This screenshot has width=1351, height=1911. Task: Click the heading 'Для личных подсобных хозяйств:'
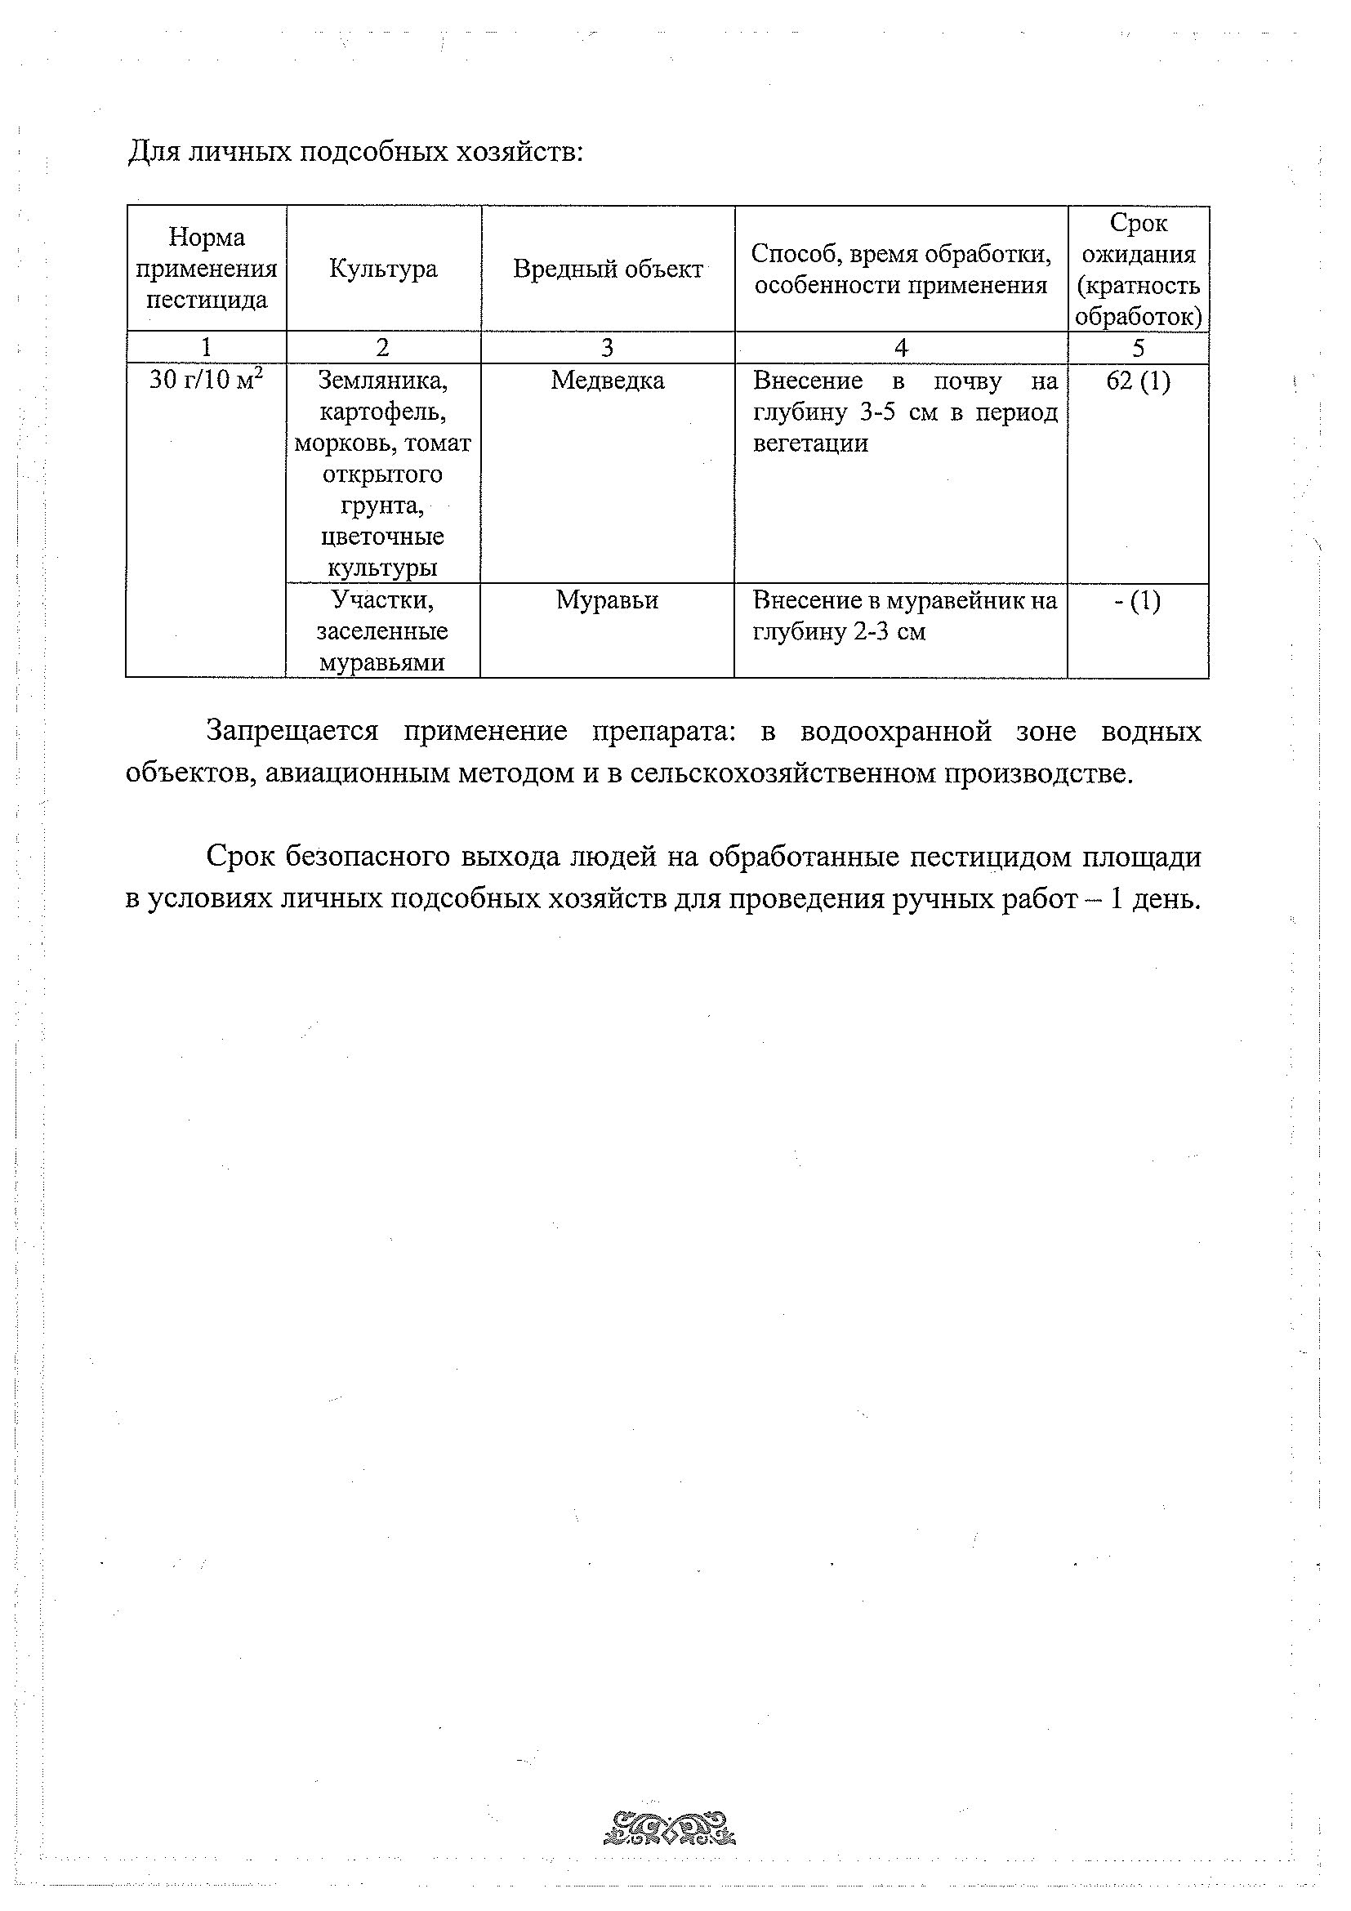tap(355, 154)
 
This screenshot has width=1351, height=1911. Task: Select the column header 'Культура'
tap(383, 269)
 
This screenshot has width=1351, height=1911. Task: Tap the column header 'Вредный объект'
tap(608, 269)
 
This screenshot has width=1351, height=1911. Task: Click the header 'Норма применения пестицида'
tap(207, 269)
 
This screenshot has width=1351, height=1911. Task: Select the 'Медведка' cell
tap(608, 381)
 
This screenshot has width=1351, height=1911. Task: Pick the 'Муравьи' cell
tap(607, 600)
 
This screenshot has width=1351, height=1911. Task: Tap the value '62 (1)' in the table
tap(1138, 381)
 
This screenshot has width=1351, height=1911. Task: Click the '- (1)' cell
tap(1137, 600)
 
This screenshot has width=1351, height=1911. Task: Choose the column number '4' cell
tap(901, 348)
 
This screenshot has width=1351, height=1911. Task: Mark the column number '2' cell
tap(383, 348)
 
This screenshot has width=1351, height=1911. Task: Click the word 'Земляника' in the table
tap(383, 381)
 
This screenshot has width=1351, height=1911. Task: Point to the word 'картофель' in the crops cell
tap(383, 412)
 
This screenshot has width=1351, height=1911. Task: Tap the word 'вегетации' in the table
tap(810, 443)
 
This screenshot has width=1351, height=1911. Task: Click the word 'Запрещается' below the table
tap(292, 731)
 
